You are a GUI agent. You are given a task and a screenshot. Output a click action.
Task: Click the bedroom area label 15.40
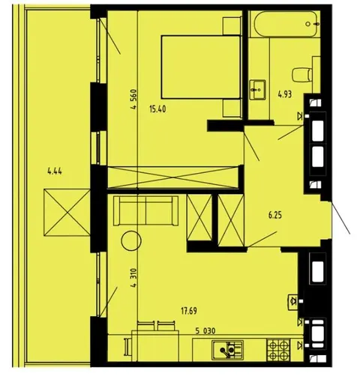(x=157, y=109)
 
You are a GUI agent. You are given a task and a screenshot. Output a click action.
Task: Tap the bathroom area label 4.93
(x=285, y=94)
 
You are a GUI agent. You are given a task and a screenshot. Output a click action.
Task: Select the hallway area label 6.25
(x=275, y=215)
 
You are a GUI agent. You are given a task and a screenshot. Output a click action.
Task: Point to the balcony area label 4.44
(x=55, y=172)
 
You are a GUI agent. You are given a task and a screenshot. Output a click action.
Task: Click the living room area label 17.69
(x=189, y=311)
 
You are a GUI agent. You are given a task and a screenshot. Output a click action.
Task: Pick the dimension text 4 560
(x=134, y=100)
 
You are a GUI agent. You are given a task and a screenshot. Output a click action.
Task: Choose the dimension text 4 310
(x=134, y=278)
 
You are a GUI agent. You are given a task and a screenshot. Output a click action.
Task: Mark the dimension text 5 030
(x=205, y=331)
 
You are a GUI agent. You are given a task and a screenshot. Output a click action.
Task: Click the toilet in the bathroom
(x=302, y=75)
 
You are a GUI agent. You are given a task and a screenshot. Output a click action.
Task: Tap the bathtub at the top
(x=286, y=24)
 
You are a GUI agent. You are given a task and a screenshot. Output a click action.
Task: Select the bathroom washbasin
(x=257, y=90)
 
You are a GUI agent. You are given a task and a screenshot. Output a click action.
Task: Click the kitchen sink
(x=227, y=350)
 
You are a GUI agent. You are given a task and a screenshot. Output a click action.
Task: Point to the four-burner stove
(x=278, y=350)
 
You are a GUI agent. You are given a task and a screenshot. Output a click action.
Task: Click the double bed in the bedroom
(x=201, y=67)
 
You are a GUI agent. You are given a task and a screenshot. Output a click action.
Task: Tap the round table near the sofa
(x=131, y=240)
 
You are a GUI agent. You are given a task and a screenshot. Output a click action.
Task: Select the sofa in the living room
(x=145, y=210)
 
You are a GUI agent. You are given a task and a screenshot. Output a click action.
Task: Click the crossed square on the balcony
(x=67, y=212)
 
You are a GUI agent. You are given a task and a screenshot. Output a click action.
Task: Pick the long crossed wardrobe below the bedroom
(x=172, y=178)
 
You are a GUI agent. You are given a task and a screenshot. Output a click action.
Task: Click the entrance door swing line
(x=340, y=218)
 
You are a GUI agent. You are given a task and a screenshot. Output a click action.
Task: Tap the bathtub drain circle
(x=308, y=24)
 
